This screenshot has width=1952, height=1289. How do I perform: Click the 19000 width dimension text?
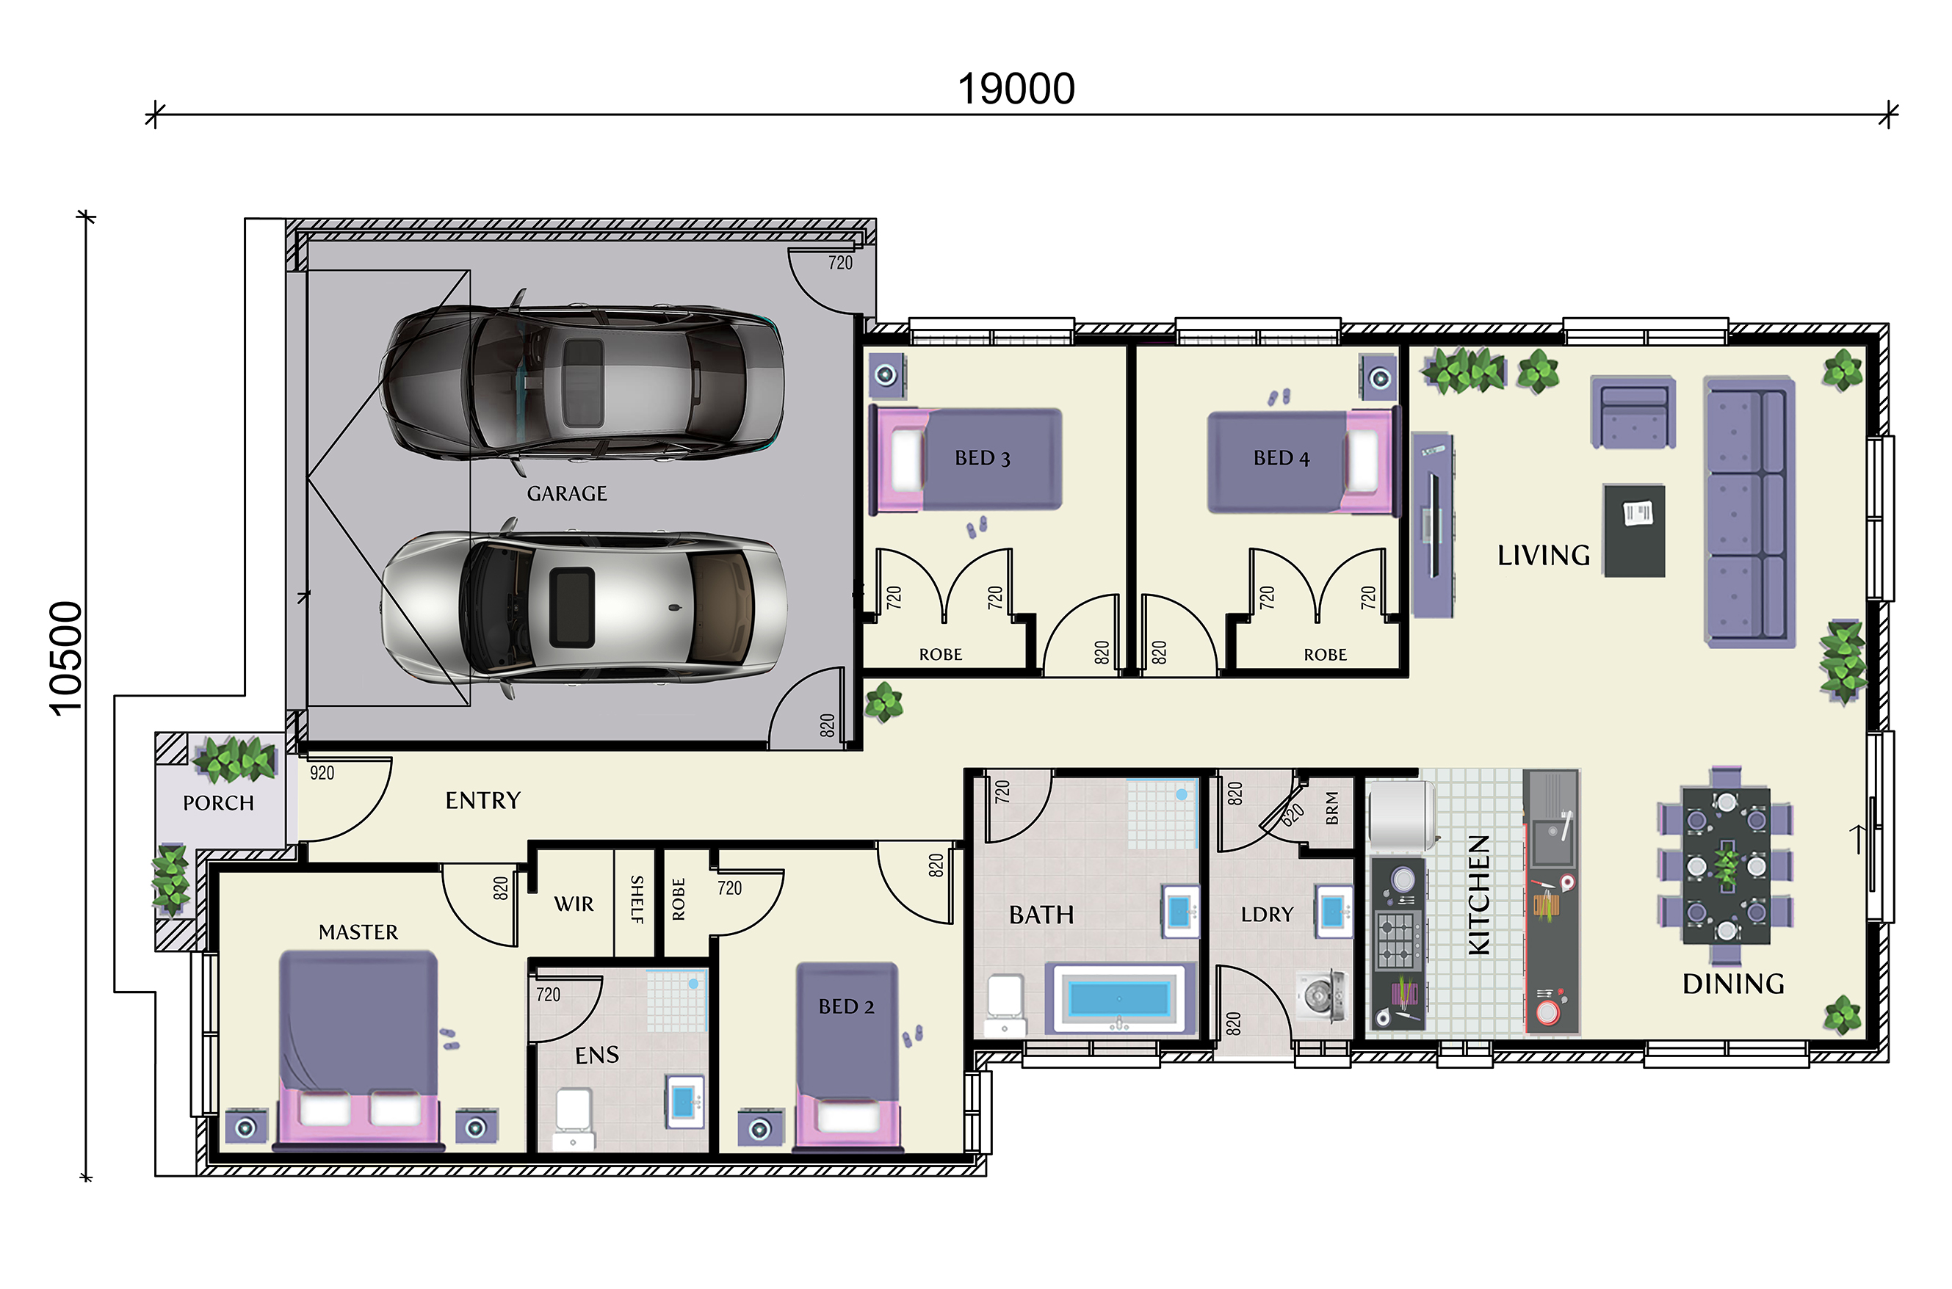pyautogui.click(x=1016, y=89)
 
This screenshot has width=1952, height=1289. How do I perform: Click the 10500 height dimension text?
pyautogui.click(x=67, y=658)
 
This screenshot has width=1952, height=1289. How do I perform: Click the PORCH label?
pyautogui.click(x=218, y=803)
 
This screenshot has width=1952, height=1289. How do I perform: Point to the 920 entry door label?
pyautogui.click(x=322, y=773)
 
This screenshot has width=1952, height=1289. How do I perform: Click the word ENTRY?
pyautogui.click(x=482, y=800)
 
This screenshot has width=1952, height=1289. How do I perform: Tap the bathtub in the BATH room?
pyautogui.click(x=1118, y=998)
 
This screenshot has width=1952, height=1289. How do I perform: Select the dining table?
pyautogui.click(x=1726, y=865)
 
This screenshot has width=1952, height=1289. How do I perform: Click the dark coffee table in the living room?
pyautogui.click(x=1635, y=530)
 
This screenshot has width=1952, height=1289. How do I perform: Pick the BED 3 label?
pyautogui.click(x=983, y=458)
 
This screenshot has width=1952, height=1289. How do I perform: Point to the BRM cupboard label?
pyautogui.click(x=1332, y=808)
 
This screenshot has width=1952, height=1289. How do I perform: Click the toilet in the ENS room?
pyautogui.click(x=573, y=1118)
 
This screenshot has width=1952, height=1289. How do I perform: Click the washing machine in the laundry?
pyautogui.click(x=1319, y=995)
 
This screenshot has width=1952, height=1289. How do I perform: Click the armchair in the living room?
pyautogui.click(x=1633, y=412)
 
